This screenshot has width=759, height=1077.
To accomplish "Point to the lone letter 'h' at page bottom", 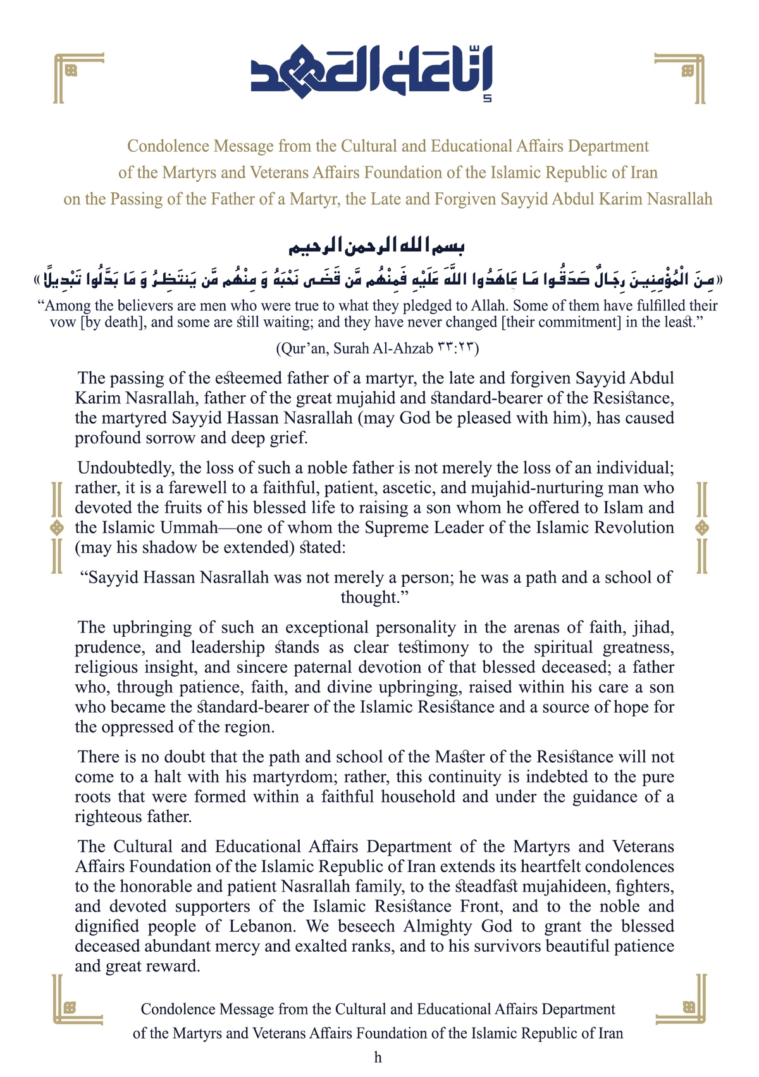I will [x=378, y=1057].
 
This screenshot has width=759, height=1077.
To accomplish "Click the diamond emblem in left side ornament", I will [x=57, y=527].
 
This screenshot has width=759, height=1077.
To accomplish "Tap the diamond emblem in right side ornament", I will [x=701, y=527].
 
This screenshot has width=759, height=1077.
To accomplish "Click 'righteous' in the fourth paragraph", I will [x=111, y=817].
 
